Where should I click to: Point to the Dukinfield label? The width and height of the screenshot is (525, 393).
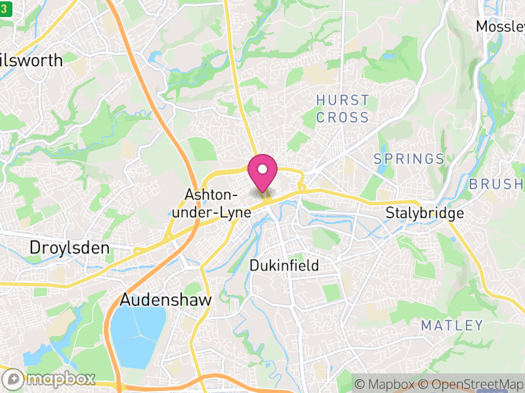(x=284, y=265)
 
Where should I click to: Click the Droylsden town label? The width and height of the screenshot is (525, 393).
(x=70, y=248)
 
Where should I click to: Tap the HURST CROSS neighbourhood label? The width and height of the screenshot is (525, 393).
(x=343, y=109)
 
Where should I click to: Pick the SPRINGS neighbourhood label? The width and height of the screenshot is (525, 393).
(x=409, y=159)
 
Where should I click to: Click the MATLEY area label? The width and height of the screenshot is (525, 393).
(x=451, y=325)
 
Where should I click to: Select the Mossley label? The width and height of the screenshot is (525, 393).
(x=500, y=26)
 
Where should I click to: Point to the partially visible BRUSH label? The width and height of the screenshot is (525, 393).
(x=496, y=184)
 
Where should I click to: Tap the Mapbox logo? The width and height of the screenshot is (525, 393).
(x=50, y=379)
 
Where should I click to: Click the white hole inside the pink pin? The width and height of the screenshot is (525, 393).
(x=262, y=169)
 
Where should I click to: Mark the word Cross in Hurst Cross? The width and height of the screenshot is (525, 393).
(x=343, y=118)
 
